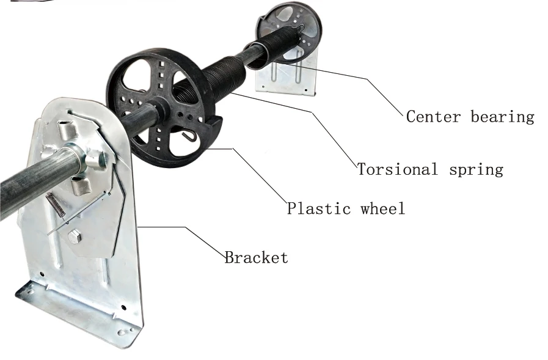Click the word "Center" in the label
[x=433, y=116]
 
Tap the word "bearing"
[x=502, y=117]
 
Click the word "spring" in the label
[x=476, y=170]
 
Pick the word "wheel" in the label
[x=382, y=208]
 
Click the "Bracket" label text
[x=256, y=257]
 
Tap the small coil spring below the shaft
[x=54, y=204]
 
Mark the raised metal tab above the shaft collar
[x=66, y=130]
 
